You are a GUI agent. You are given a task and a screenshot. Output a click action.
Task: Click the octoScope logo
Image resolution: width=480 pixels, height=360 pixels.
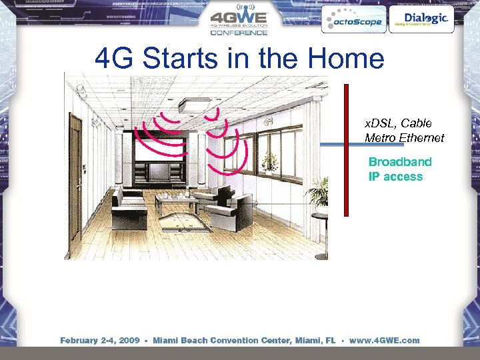[x=353, y=21]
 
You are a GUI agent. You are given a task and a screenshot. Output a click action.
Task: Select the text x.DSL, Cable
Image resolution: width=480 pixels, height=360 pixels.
[x=398, y=123]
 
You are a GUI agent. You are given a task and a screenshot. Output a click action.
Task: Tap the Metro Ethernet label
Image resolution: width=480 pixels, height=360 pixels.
[x=404, y=138]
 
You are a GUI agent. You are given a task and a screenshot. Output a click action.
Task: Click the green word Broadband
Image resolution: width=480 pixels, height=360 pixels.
[x=400, y=162]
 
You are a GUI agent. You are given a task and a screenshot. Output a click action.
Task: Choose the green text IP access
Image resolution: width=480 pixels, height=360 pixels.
[x=395, y=177]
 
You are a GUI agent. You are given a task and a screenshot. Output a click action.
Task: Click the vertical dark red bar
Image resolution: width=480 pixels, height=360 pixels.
[x=346, y=150]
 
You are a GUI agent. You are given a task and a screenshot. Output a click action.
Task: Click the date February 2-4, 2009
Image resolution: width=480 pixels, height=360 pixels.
[x=99, y=341]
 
